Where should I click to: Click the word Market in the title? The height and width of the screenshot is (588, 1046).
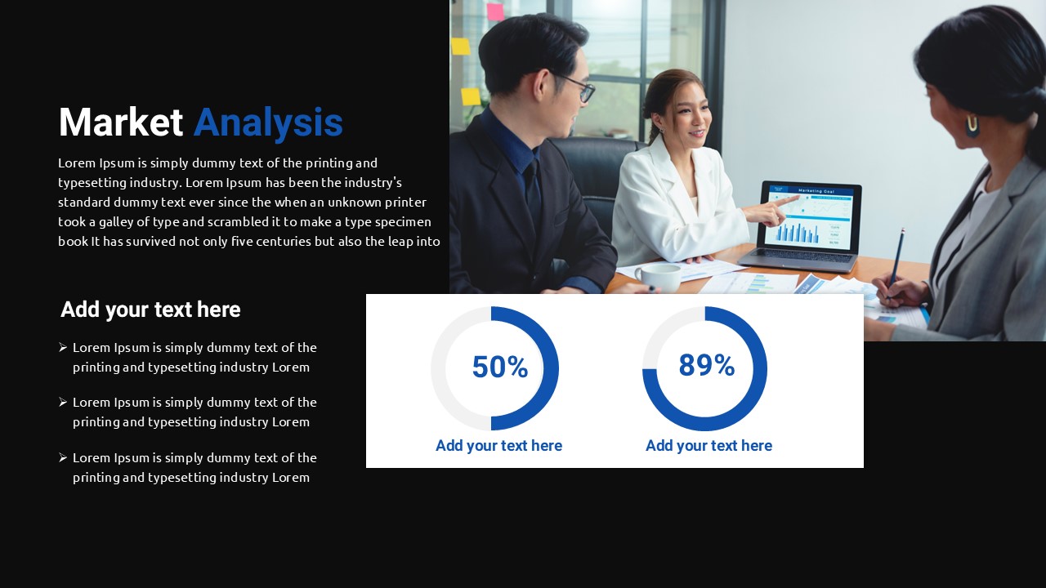tap(120, 122)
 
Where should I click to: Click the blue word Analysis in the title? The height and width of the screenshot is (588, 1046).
tap(269, 123)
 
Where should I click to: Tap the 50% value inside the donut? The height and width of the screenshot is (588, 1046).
tap(500, 367)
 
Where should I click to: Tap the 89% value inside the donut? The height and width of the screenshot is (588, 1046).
tap(707, 365)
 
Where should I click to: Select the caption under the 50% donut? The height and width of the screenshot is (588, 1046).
tap(498, 446)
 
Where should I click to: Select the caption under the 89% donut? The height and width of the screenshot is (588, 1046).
tap(709, 446)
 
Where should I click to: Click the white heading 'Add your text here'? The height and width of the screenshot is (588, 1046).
tap(150, 310)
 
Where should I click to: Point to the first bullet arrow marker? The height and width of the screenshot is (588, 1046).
tap(63, 347)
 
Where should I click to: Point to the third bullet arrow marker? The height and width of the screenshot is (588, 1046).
tap(63, 457)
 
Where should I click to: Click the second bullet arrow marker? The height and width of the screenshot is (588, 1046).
tap(63, 402)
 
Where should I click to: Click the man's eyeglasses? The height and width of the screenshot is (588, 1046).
tap(577, 87)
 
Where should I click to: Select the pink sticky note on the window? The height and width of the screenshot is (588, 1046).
tap(496, 11)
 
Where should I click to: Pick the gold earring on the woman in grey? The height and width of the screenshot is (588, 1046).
tap(972, 126)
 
